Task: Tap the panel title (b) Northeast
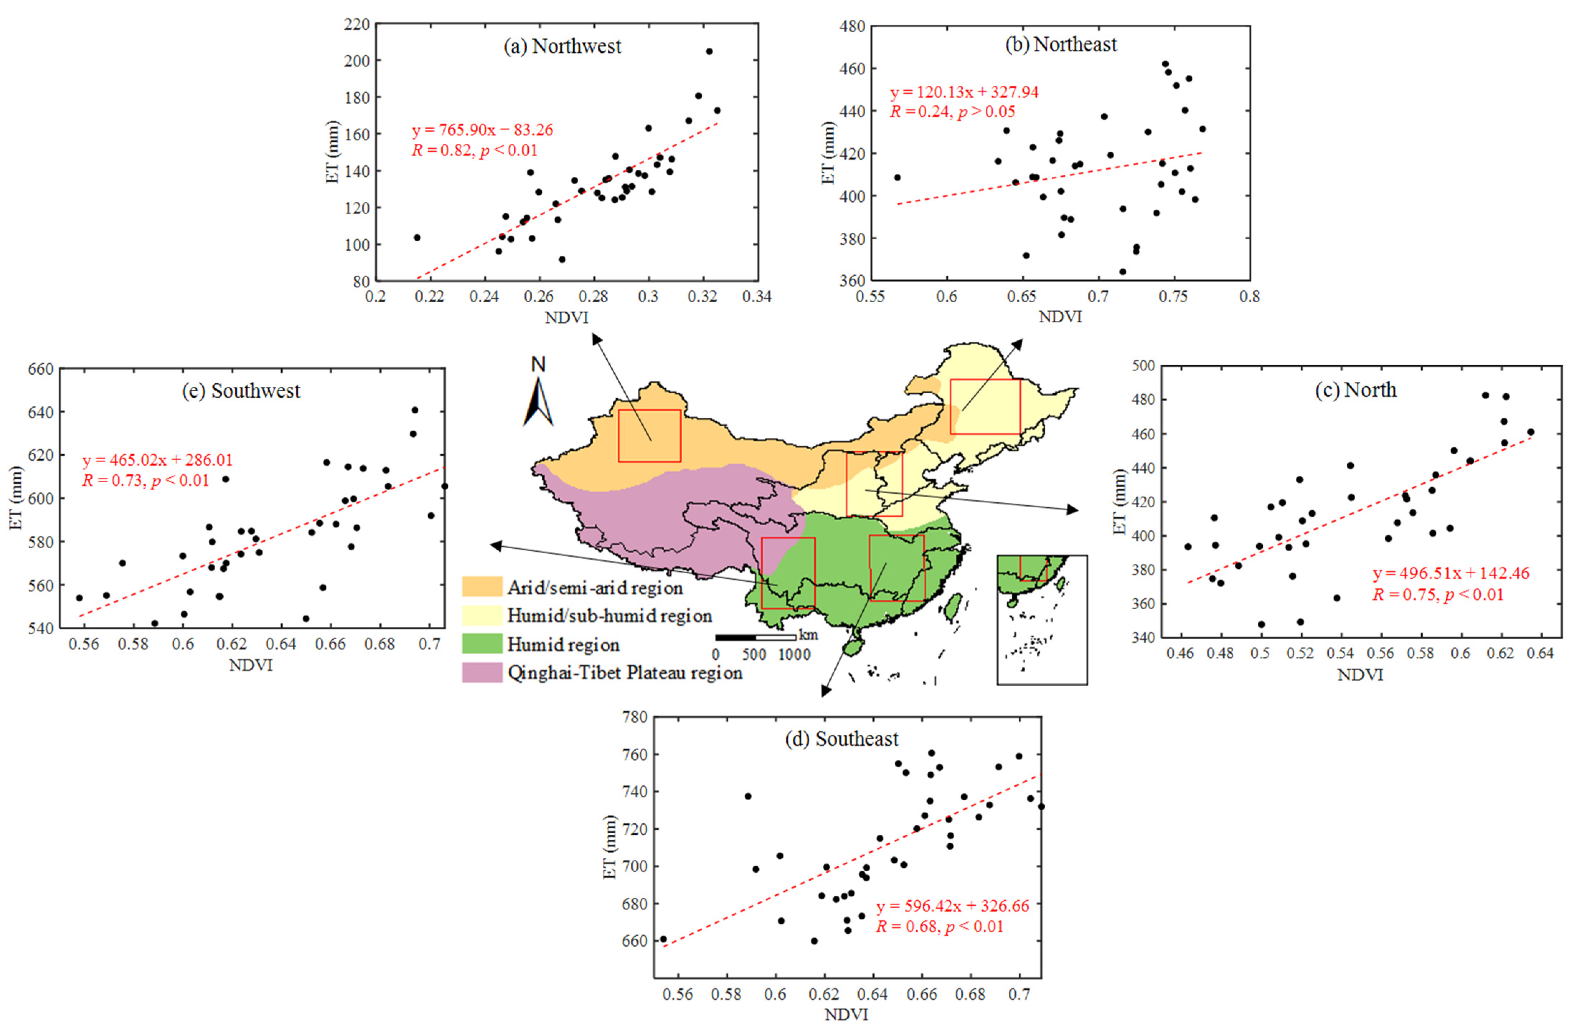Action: (x=1061, y=44)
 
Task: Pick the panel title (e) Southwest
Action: (x=241, y=391)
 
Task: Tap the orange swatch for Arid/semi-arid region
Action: (x=482, y=587)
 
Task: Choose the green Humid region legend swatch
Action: (x=482, y=644)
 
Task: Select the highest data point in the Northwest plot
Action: (x=709, y=51)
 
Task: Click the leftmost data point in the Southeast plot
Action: (x=663, y=939)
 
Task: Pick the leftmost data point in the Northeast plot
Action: (x=897, y=177)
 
